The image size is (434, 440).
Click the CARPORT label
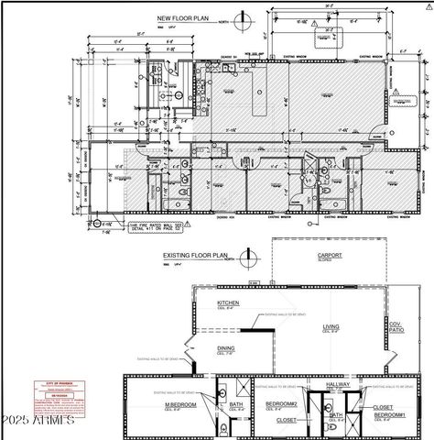(x=329, y=255)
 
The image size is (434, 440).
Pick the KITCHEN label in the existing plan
(x=228, y=302)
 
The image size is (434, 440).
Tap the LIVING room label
(x=331, y=325)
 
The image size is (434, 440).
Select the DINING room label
(x=225, y=348)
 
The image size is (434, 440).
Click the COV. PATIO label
(x=396, y=327)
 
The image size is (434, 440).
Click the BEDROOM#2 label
(x=280, y=403)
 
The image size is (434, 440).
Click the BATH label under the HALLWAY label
(x=336, y=414)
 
